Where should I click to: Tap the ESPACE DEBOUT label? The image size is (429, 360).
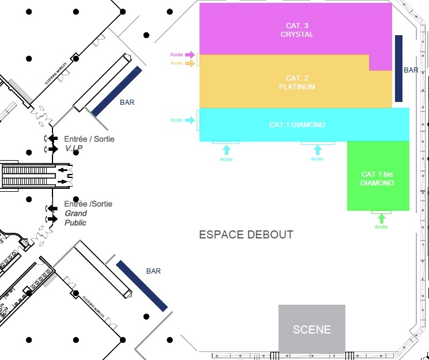246,235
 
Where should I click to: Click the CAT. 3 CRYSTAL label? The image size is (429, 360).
297,30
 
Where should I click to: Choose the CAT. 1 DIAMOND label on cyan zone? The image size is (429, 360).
297,125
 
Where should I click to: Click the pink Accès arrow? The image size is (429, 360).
190,55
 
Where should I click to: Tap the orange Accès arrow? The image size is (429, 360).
190,63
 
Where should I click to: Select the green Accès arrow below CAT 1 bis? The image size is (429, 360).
381,218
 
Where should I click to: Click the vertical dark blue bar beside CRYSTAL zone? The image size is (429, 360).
398,68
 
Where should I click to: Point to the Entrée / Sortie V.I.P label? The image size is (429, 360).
89,143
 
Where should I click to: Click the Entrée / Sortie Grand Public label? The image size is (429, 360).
88,213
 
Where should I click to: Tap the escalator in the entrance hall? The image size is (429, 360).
32,175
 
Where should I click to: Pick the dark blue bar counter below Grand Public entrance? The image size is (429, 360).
142,286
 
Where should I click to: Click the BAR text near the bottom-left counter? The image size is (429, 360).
153,271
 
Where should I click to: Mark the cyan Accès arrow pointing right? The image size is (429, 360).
190,120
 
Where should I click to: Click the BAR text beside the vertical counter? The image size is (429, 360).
411,70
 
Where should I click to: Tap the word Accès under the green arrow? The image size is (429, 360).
381,227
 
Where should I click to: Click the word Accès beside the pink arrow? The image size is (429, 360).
176,55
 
